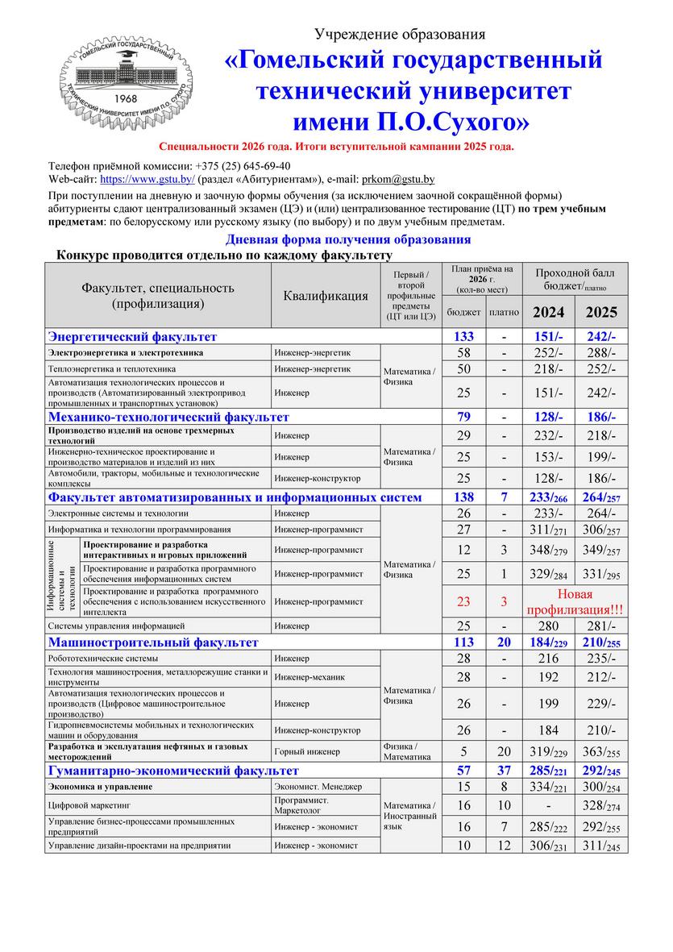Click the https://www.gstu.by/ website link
147,180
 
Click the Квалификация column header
326,296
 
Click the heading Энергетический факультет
133,336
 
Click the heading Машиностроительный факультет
154,642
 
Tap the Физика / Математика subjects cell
411,751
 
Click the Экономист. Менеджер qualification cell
318,786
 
